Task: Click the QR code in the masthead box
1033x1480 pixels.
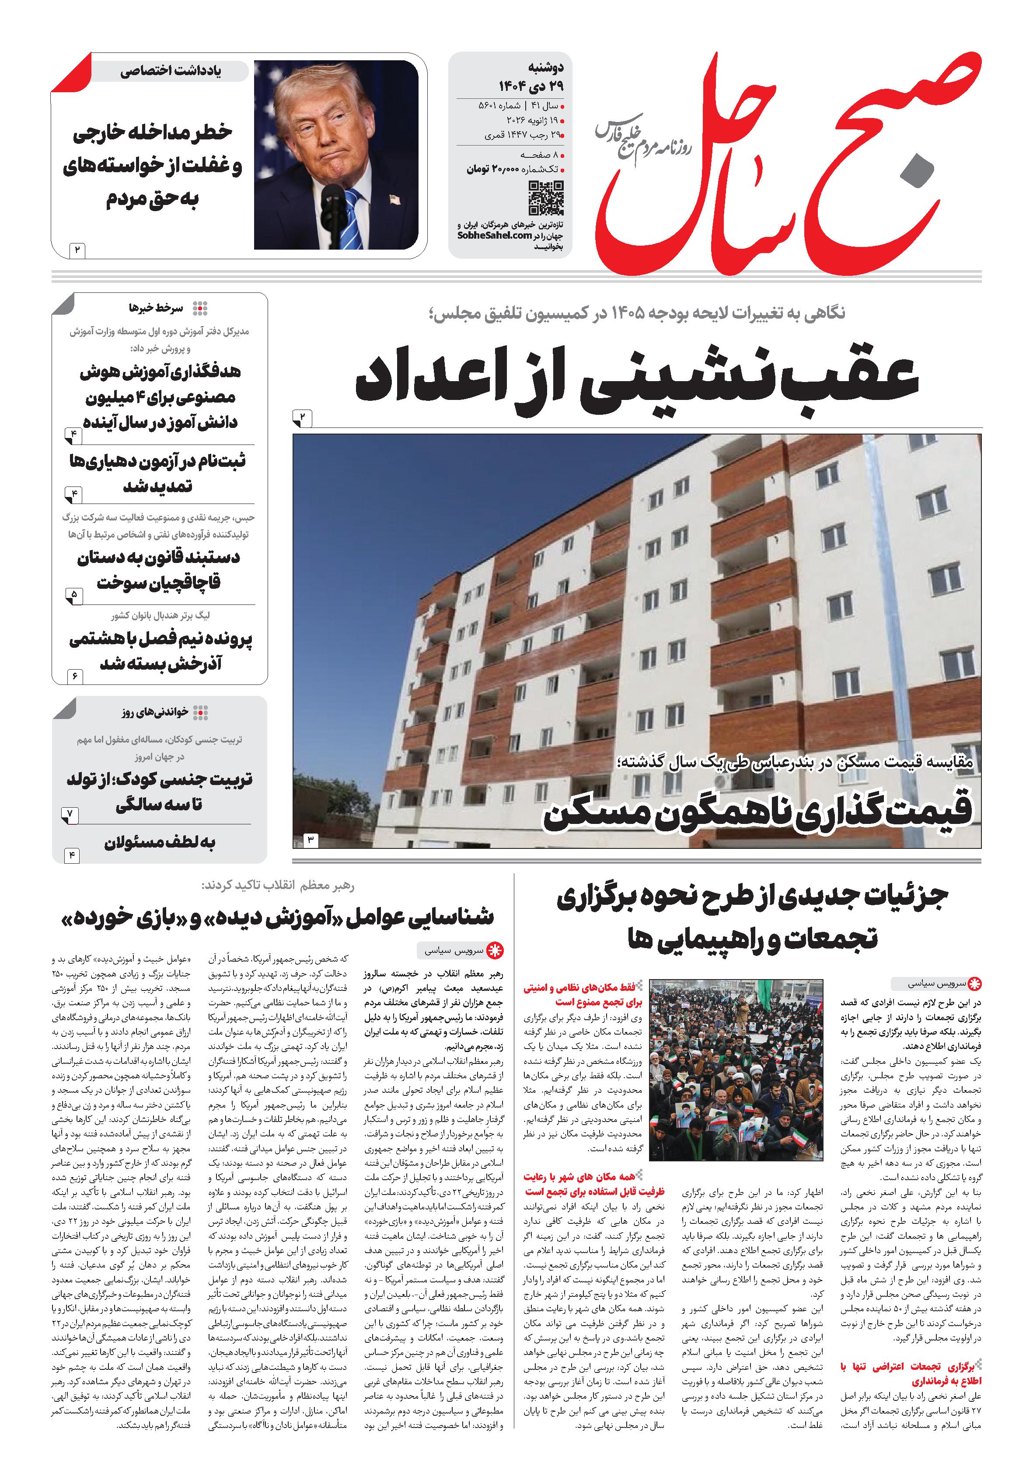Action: [545, 198]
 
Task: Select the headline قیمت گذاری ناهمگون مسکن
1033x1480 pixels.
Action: [757, 816]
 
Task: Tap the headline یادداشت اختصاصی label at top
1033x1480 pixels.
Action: [171, 72]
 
